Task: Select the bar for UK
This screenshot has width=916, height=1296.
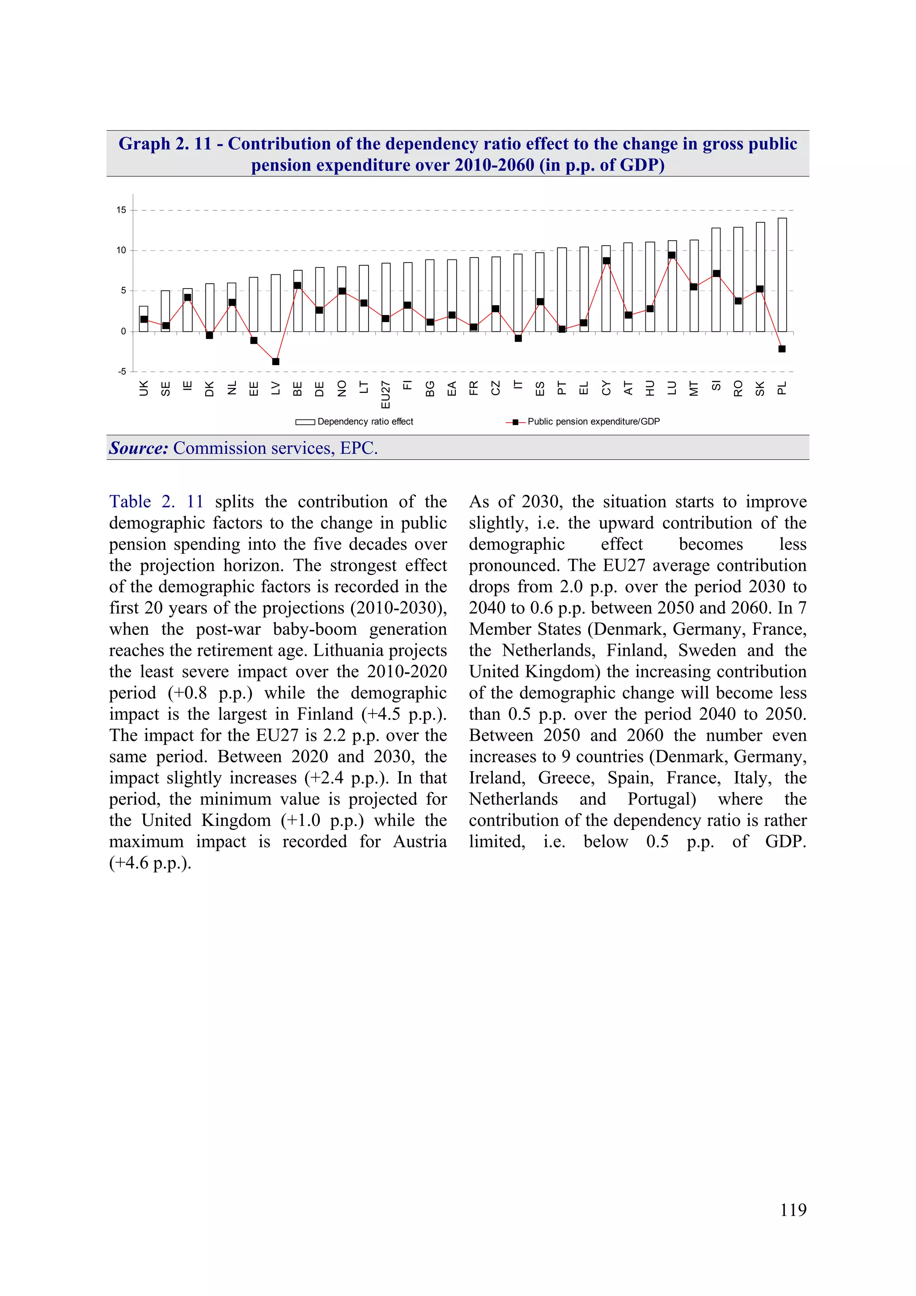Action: coord(144,319)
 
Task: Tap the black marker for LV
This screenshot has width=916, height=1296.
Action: coord(276,361)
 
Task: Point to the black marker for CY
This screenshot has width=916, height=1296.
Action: coord(606,261)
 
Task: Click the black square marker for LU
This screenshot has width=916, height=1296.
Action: coord(672,255)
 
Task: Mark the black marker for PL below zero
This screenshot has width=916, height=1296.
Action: coord(782,349)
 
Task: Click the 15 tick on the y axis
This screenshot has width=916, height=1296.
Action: coord(121,210)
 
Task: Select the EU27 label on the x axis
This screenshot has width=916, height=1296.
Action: coord(386,394)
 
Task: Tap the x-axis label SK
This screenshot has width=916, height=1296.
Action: coord(759,388)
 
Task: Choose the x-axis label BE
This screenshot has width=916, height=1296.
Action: coord(297,388)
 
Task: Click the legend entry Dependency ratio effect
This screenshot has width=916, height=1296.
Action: coord(365,422)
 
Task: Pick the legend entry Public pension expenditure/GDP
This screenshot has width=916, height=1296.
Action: coord(593,422)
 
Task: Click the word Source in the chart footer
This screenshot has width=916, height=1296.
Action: coord(138,448)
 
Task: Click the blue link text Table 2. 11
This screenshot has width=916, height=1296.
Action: coord(156,501)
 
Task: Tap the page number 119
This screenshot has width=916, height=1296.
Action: coord(793,1210)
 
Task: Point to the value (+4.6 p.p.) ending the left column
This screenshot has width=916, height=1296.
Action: coord(150,863)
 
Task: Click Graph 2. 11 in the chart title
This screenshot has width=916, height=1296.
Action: coord(165,144)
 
